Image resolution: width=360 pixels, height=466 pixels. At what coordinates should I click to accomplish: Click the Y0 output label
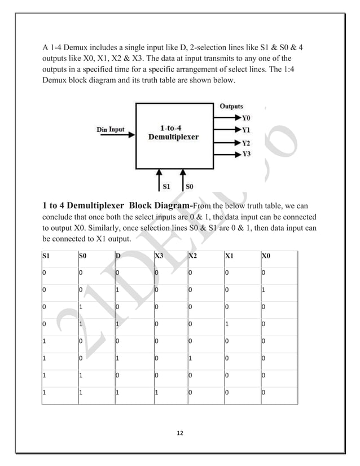245,118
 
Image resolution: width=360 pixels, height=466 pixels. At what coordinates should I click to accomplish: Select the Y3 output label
245,153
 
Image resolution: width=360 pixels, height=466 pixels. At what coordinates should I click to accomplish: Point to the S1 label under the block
166,185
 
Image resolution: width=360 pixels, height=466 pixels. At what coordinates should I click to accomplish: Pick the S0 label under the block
190,185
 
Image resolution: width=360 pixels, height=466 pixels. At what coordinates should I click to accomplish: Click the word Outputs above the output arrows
231,106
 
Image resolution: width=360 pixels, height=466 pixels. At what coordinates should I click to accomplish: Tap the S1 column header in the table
46,258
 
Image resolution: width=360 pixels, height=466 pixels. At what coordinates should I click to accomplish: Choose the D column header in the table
117,258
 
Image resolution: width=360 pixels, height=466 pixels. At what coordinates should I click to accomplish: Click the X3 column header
159,258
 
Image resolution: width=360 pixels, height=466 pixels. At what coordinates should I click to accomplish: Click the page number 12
180,432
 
